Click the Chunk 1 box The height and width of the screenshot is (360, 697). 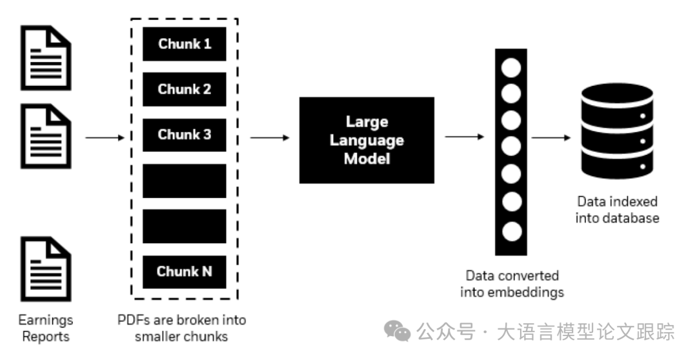[184, 45]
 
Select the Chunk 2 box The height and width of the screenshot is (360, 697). [184, 90]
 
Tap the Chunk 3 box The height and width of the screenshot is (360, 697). [184, 135]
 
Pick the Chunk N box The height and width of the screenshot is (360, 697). [184, 272]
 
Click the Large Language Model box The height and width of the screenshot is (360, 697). [366, 140]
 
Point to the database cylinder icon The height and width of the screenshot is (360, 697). [618, 132]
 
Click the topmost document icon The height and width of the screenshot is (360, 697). [45, 57]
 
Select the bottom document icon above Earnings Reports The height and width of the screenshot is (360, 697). [45, 270]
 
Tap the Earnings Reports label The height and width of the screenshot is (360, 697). [45, 328]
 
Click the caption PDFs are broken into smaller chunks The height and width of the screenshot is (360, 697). [182, 328]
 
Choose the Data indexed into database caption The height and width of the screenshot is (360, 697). [618, 209]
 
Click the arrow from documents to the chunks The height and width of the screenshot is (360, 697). [104, 137]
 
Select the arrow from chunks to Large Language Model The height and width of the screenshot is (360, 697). [269, 137]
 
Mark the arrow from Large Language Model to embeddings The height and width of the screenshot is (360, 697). [465, 137]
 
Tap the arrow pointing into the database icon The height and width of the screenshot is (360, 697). [551, 137]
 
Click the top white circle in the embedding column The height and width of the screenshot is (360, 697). [511, 66]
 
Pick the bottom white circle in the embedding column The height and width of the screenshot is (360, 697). [511, 230]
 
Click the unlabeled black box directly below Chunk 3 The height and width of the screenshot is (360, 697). [184, 181]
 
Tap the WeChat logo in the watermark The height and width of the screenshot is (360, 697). [397, 332]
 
